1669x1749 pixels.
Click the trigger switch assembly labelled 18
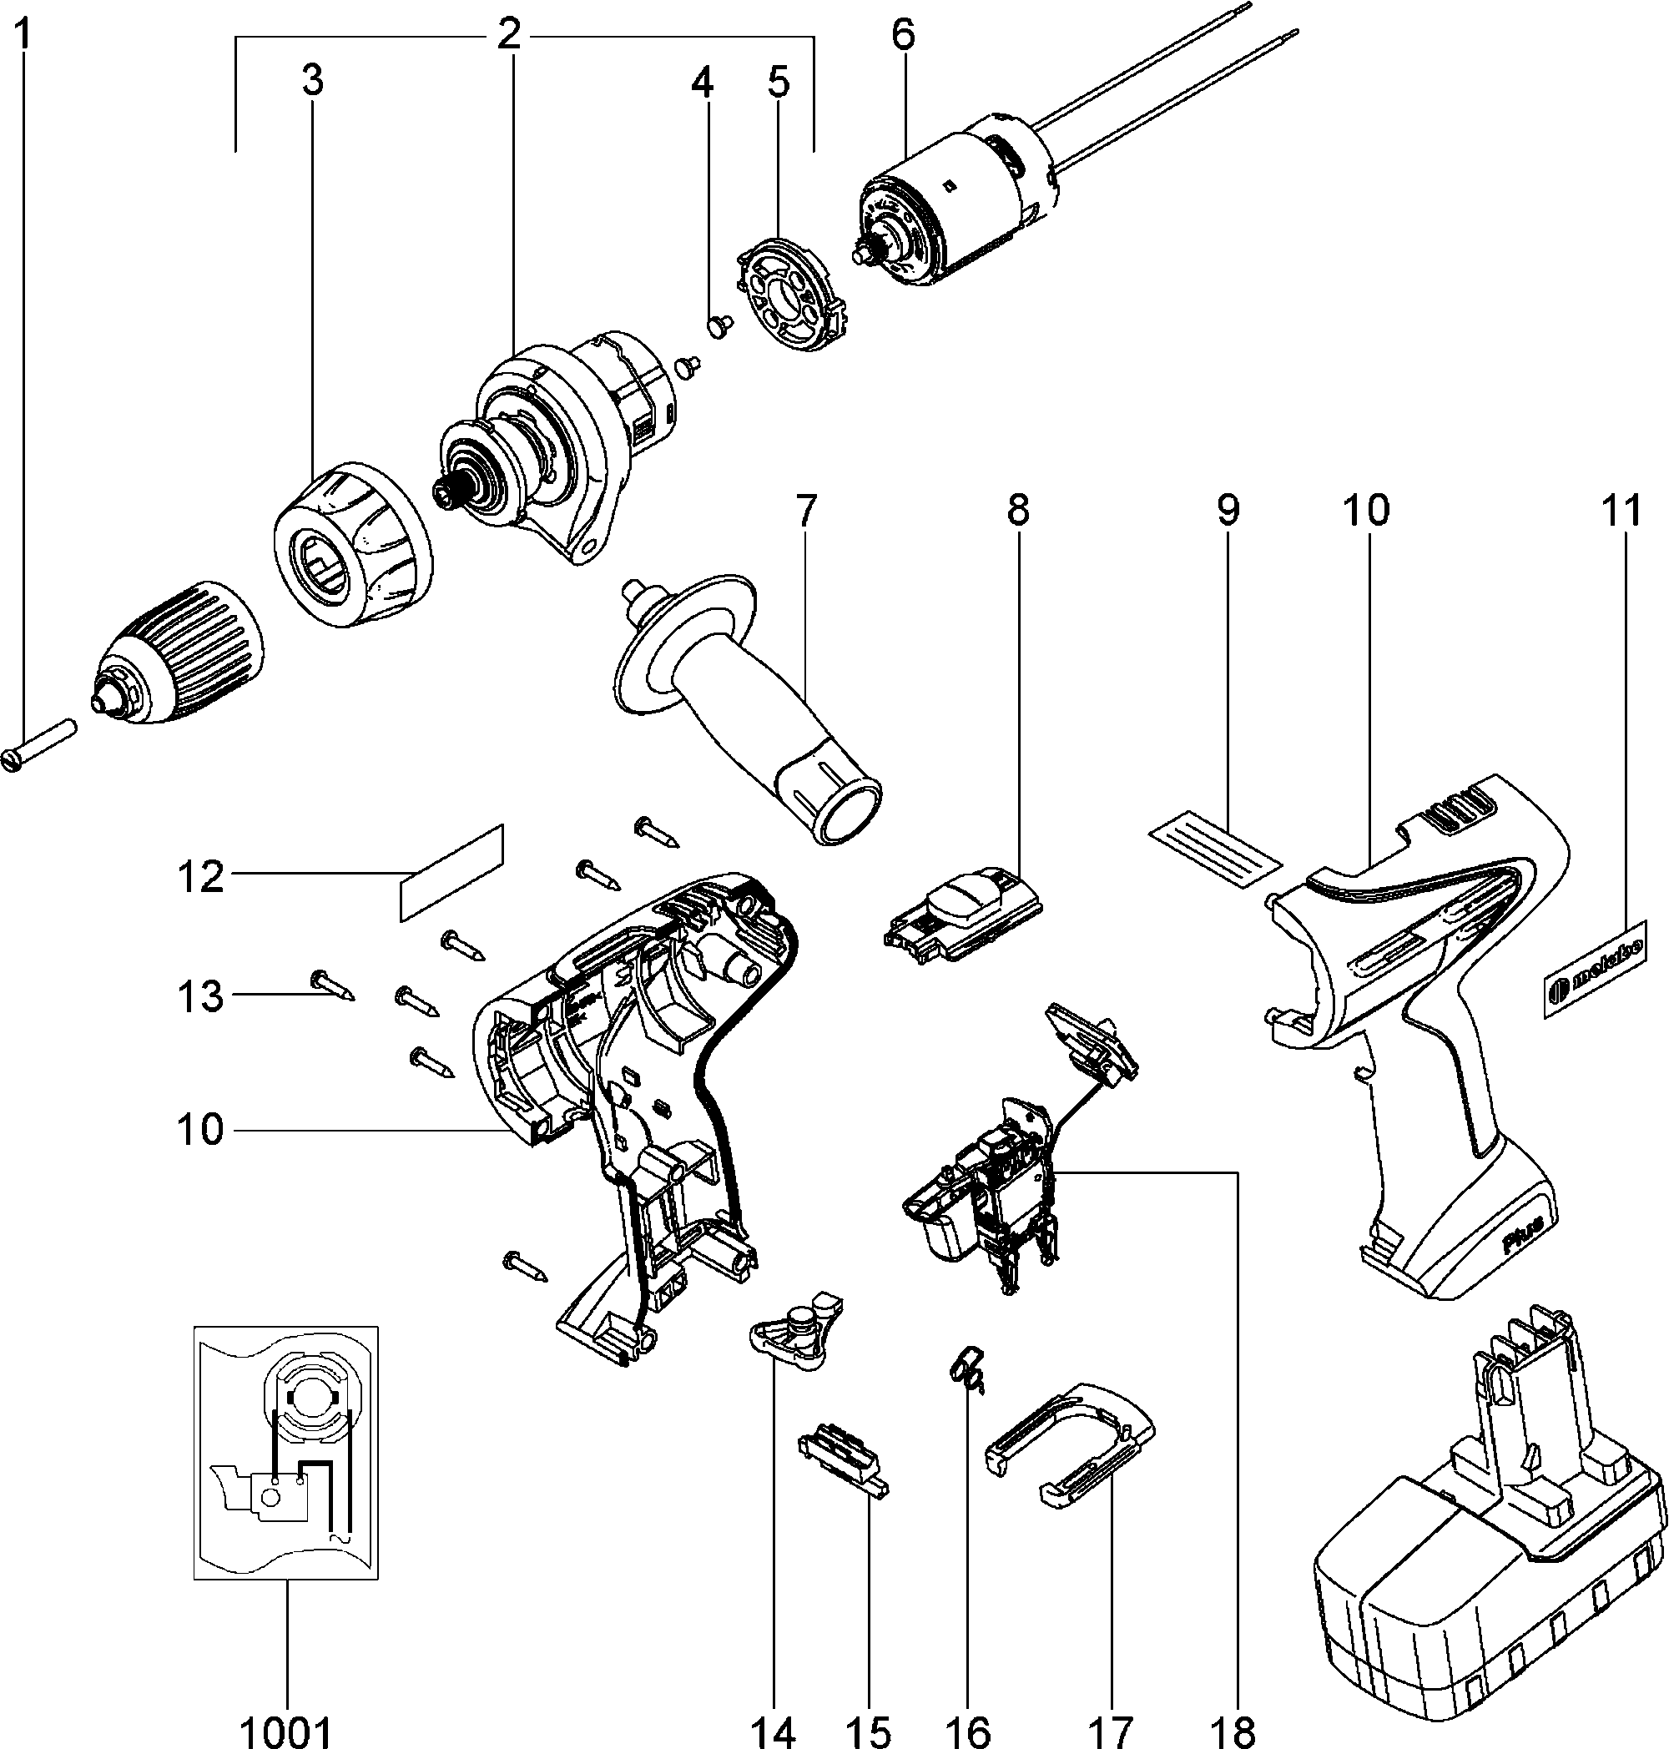987,1192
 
